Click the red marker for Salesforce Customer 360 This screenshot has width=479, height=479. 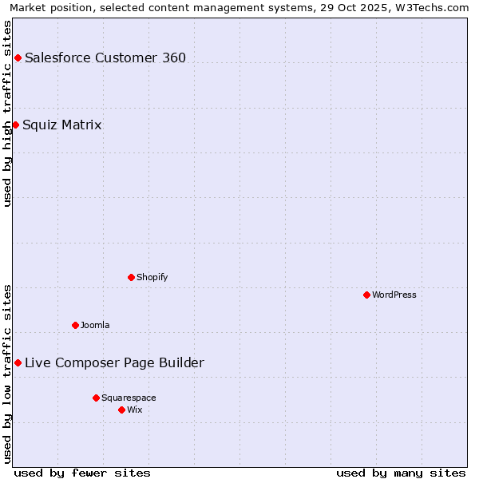18,57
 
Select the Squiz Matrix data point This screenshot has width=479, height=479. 15,125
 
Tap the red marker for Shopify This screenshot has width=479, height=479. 131,277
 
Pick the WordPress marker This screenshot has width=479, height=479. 366,295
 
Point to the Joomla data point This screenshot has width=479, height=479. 75,325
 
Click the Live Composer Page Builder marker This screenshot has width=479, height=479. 18,362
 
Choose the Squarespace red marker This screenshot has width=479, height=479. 96,398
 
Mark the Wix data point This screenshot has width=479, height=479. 121,410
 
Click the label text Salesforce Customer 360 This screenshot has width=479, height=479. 105,57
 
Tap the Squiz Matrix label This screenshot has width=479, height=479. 62,125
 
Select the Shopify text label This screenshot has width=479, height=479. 152,277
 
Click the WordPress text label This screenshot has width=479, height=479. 394,295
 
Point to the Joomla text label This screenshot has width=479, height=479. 95,325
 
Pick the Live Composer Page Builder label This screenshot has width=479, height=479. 114,362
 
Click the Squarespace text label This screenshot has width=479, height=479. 129,398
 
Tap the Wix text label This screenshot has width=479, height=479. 135,410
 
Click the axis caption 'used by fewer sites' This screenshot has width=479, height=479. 82,473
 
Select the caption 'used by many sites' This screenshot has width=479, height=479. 401,473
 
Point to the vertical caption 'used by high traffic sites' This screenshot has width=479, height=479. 7,113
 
